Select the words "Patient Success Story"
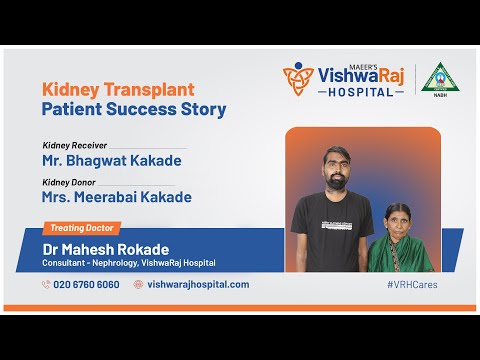coord(134,109)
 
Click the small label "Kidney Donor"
coord(69,182)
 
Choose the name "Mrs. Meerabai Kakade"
coord(117,197)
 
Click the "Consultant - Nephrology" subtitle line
coord(128,263)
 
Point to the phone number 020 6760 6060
coord(86,284)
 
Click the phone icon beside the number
coord(46,284)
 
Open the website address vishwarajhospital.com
coord(197,284)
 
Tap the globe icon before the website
coord(139,284)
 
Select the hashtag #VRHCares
coord(411,284)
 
